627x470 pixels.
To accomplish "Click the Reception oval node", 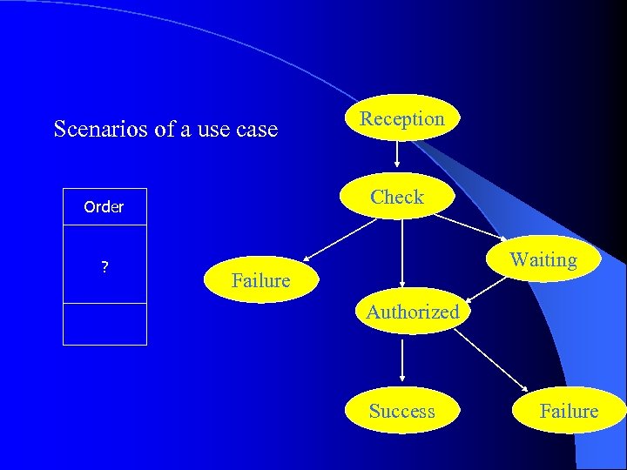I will pyautogui.click(x=401, y=118).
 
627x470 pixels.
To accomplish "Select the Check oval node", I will pyautogui.click(x=397, y=198).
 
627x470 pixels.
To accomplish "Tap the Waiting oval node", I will pyautogui.click(x=543, y=259).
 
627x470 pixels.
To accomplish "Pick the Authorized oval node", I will pyautogui.click(x=412, y=312).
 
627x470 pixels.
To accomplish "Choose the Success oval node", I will pyautogui.click(x=401, y=411).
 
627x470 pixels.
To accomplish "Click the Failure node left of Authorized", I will pyautogui.click(x=260, y=280).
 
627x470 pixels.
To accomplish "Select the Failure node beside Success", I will pyautogui.click(x=569, y=411).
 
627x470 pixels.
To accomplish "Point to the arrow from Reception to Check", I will pyautogui.click(x=398, y=154).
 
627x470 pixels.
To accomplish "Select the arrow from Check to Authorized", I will pyautogui.click(x=401, y=252).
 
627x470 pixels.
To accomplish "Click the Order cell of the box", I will pyautogui.click(x=104, y=207).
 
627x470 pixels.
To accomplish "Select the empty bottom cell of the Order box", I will pyautogui.click(x=104, y=324).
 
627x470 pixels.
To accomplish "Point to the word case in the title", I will pyautogui.click(x=257, y=130).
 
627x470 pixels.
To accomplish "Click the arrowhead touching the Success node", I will pyautogui.click(x=401, y=379).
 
